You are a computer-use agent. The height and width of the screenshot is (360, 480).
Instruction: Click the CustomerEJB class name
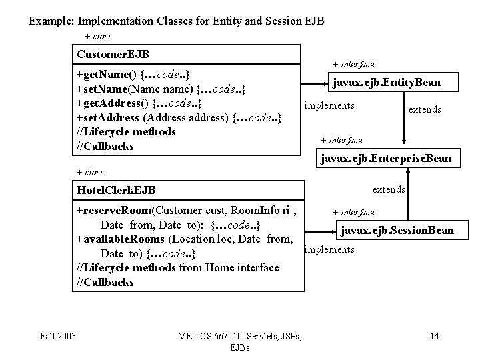(113, 54)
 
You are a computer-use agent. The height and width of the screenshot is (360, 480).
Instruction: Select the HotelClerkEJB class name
(116, 190)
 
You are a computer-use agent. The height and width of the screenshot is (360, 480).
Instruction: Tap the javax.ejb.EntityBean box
(393, 82)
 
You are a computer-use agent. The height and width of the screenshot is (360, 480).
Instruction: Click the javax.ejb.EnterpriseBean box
(388, 158)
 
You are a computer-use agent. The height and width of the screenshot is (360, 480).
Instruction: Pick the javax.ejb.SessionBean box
(402, 230)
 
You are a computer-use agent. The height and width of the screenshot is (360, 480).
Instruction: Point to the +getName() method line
(133, 75)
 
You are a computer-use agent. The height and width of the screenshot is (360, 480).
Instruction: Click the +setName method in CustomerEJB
(161, 89)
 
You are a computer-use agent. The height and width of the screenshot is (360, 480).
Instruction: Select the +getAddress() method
(139, 103)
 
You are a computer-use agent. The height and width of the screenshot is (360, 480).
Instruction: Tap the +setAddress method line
(179, 118)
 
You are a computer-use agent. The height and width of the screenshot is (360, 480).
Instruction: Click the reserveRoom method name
(117, 210)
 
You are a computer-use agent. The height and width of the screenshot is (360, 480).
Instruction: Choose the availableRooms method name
(124, 239)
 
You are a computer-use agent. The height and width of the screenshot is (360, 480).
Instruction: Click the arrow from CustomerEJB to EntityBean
(314, 83)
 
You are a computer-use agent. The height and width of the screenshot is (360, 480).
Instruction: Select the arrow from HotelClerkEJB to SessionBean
(320, 232)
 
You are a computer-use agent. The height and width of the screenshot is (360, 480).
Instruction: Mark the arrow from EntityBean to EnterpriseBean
(404, 118)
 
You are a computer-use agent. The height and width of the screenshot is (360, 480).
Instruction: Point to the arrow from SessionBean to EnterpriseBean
(408, 194)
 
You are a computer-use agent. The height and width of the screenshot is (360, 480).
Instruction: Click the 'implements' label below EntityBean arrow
(329, 105)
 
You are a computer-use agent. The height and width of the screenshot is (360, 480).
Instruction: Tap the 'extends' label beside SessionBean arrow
(389, 189)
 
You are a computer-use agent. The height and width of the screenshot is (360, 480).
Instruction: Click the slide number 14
(435, 336)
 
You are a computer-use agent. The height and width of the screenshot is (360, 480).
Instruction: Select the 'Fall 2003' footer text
(58, 336)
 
